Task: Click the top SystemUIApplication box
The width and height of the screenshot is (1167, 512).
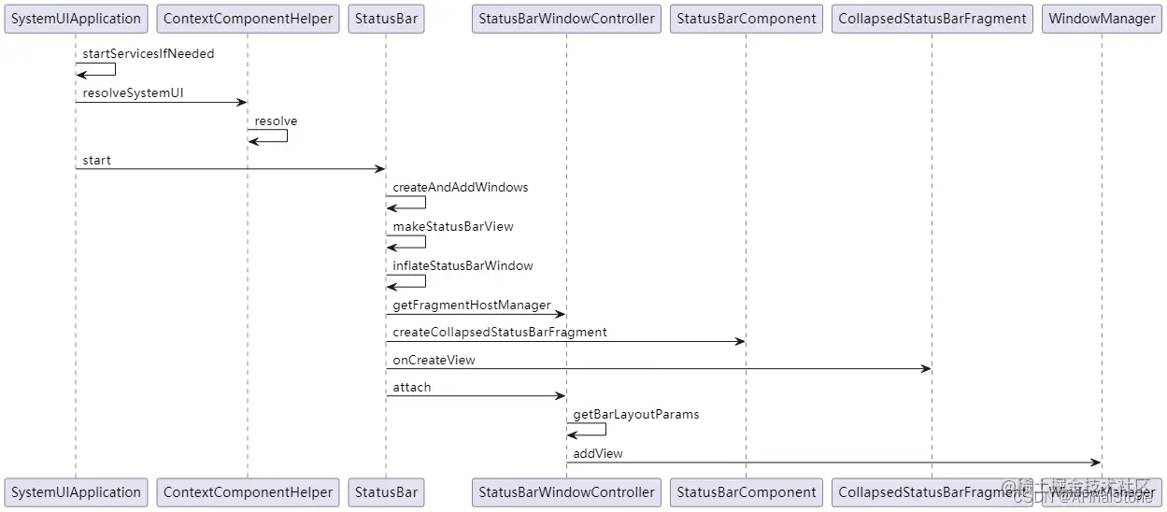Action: [x=77, y=19]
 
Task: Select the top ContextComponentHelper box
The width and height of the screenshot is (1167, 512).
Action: [x=248, y=19]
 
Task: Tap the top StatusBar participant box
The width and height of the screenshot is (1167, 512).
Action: [x=386, y=19]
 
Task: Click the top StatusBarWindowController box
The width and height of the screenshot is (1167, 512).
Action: [x=566, y=19]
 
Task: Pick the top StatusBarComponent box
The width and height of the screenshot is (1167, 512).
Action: [x=746, y=19]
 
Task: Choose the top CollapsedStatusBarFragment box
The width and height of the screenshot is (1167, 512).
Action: [x=932, y=19]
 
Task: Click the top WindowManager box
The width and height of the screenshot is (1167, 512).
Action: [x=1102, y=19]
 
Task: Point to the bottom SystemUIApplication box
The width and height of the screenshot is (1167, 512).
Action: [x=77, y=492]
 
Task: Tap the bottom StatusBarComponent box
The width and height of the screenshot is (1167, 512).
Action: [x=746, y=492]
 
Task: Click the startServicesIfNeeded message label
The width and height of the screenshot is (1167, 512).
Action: [x=148, y=54]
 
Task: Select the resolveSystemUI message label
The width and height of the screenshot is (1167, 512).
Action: [x=133, y=93]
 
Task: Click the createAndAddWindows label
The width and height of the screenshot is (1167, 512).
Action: [x=460, y=188]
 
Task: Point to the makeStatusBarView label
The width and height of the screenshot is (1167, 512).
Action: [x=452, y=227]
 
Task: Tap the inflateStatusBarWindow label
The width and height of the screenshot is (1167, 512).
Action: [x=463, y=266]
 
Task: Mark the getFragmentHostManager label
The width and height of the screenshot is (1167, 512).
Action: [x=471, y=306]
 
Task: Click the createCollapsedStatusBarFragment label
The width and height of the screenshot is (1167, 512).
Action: [x=499, y=333]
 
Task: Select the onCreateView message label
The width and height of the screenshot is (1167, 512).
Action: [x=434, y=361]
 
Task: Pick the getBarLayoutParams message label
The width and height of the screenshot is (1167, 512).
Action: [x=635, y=415]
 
